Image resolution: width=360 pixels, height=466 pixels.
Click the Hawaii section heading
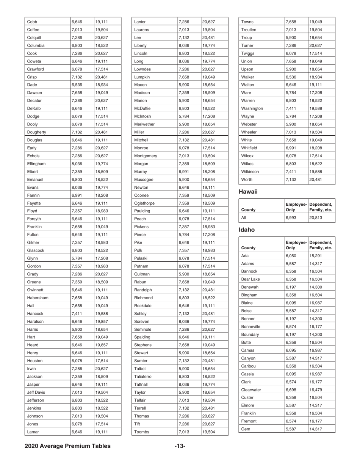tap(248, 192)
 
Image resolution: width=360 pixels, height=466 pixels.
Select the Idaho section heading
tap(246, 230)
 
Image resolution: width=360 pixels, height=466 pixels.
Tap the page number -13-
tap(180, 446)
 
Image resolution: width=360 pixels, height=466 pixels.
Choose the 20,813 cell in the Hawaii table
tap(316, 218)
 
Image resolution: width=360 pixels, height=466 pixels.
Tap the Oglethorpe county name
tap(145, 203)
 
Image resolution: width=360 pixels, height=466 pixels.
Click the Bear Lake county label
tap(252, 279)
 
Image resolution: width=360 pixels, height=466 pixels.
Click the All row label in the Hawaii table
tap(244, 218)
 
